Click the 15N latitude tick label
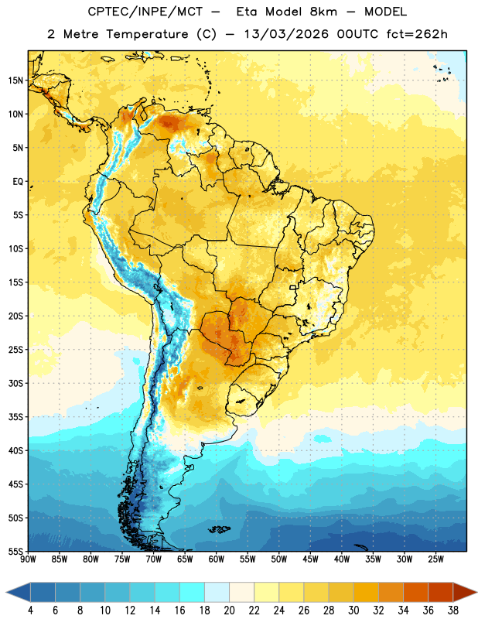(x=15, y=80)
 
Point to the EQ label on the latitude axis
(x=18, y=182)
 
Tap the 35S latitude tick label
(x=15, y=417)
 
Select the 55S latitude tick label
(x=15, y=551)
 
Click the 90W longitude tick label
(x=28, y=559)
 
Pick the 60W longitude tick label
(x=217, y=559)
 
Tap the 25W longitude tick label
(x=435, y=559)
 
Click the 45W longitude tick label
(x=310, y=559)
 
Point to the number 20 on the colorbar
(x=229, y=610)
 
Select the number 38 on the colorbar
(x=453, y=610)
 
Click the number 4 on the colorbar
(x=30, y=610)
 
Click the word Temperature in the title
(x=147, y=34)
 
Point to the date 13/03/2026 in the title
(x=286, y=34)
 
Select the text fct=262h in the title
(x=417, y=34)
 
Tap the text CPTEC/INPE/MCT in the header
(x=145, y=12)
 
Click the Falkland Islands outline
(x=219, y=529)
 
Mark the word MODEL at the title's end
(x=385, y=12)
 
